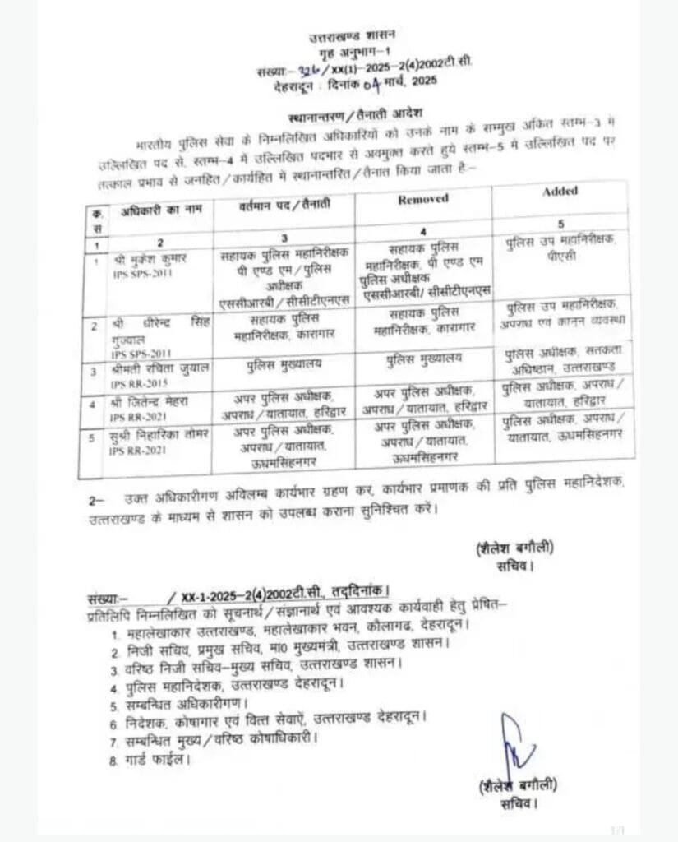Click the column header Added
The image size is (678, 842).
point(560,191)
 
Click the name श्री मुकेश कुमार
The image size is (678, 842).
point(150,257)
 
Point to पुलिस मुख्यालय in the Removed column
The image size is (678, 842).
point(422,359)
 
